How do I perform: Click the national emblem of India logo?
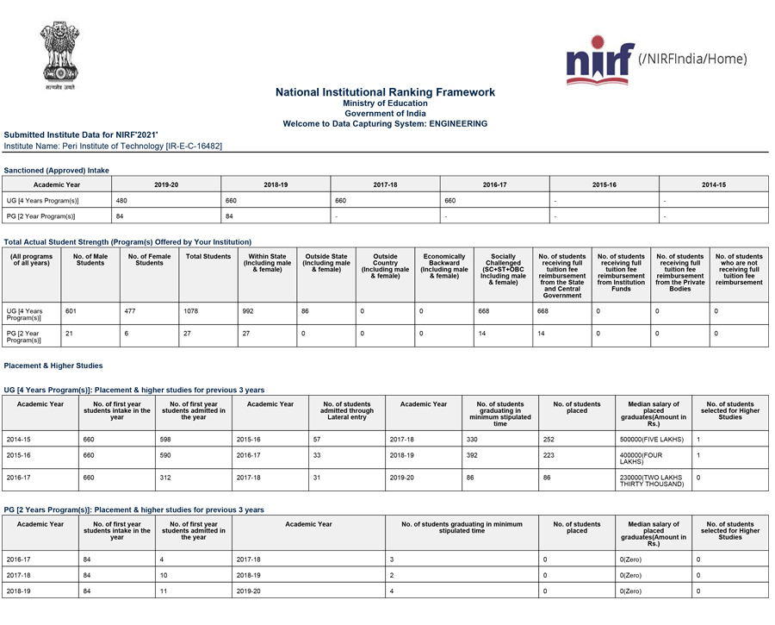tap(58, 57)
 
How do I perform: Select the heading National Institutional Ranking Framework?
tap(385, 92)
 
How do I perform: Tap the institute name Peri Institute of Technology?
tap(113, 147)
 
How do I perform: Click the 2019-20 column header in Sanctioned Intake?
tap(166, 184)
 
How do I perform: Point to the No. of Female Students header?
tap(149, 260)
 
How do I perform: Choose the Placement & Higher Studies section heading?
tap(53, 366)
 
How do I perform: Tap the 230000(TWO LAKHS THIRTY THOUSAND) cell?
tap(652, 480)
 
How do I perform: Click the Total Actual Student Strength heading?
tap(127, 242)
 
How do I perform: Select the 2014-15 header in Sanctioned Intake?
tap(713, 184)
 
